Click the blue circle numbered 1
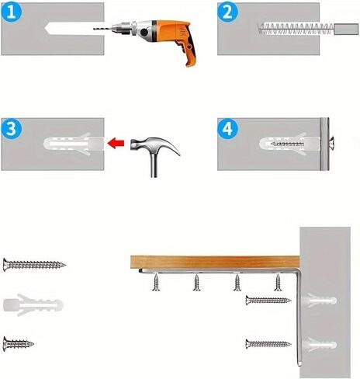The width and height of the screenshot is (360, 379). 12,12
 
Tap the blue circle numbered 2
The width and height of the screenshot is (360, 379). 227,12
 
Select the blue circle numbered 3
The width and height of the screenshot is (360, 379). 12,128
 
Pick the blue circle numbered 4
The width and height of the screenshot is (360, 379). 227,128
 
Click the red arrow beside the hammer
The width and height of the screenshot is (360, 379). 116,143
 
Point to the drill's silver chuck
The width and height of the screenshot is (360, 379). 121,29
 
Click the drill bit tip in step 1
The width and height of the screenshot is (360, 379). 94,29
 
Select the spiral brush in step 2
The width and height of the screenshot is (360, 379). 296,29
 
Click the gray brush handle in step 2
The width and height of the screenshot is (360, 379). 346,29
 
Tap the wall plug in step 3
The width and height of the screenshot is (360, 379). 74,144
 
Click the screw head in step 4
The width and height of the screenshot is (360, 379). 332,144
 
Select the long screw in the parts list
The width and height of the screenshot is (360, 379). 34,265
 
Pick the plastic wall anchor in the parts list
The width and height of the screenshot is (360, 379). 33,305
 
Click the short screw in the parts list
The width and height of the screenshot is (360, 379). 19,344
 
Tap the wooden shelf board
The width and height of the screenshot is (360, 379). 215,262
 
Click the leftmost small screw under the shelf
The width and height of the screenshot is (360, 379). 156,282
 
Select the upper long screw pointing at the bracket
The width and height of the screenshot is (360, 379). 268,301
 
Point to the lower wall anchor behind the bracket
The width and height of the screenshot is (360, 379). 320,345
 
